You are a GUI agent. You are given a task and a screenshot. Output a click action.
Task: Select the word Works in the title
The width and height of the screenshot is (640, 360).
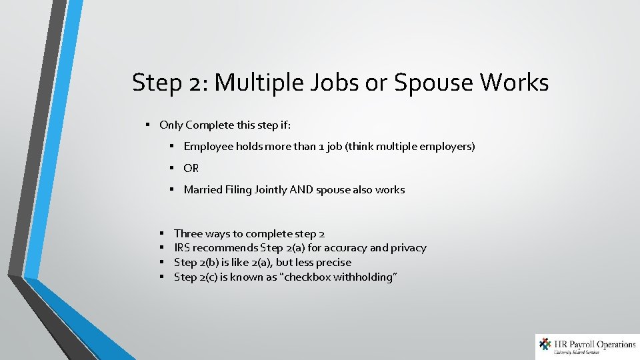(515, 83)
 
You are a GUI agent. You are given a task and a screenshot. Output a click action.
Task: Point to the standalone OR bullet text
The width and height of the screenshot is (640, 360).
(191, 168)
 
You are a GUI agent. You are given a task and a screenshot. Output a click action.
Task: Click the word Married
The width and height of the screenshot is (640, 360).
(201, 189)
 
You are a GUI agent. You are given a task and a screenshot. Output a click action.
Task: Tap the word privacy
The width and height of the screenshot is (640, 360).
(407, 248)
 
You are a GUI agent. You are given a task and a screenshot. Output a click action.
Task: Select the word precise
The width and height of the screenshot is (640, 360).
(333, 263)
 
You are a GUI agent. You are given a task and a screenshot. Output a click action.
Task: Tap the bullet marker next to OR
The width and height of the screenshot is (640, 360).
(172, 168)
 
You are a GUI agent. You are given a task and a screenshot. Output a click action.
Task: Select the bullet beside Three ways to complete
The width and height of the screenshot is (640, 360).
(163, 233)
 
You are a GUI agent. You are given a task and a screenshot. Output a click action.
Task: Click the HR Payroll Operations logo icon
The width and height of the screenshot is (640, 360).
(545, 345)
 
